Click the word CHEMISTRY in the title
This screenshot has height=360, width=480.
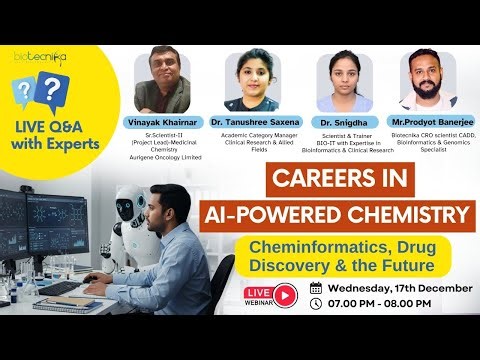pyautogui.click(x=404, y=213)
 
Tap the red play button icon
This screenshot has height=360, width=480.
pyautogui.click(x=286, y=295)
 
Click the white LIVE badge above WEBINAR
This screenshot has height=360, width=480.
pyautogui.click(x=259, y=290)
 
